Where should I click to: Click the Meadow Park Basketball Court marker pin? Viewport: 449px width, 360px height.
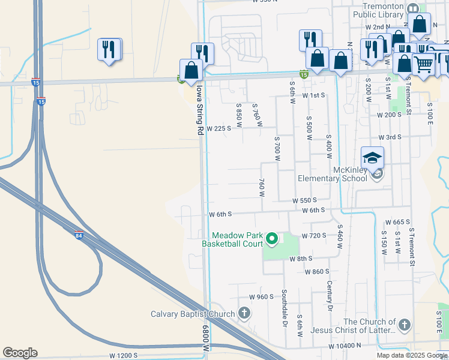pos(272,239)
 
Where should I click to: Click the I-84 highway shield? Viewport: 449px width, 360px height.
pos(79,235)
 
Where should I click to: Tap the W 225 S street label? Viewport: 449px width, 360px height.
pos(218,128)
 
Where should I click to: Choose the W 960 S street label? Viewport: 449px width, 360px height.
pos(262,296)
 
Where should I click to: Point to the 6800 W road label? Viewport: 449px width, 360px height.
pos(206,339)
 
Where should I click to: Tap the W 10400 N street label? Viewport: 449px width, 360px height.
pos(345,346)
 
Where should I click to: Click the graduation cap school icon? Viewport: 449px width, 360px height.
pos(372,158)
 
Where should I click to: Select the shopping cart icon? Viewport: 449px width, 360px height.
pos(424,63)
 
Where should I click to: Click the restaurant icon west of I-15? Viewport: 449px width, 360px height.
pos(109,50)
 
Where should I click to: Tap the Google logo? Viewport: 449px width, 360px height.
pos(20,353)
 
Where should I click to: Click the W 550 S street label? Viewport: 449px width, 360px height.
pos(304,200)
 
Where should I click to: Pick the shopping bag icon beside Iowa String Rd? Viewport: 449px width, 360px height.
pos(191,70)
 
